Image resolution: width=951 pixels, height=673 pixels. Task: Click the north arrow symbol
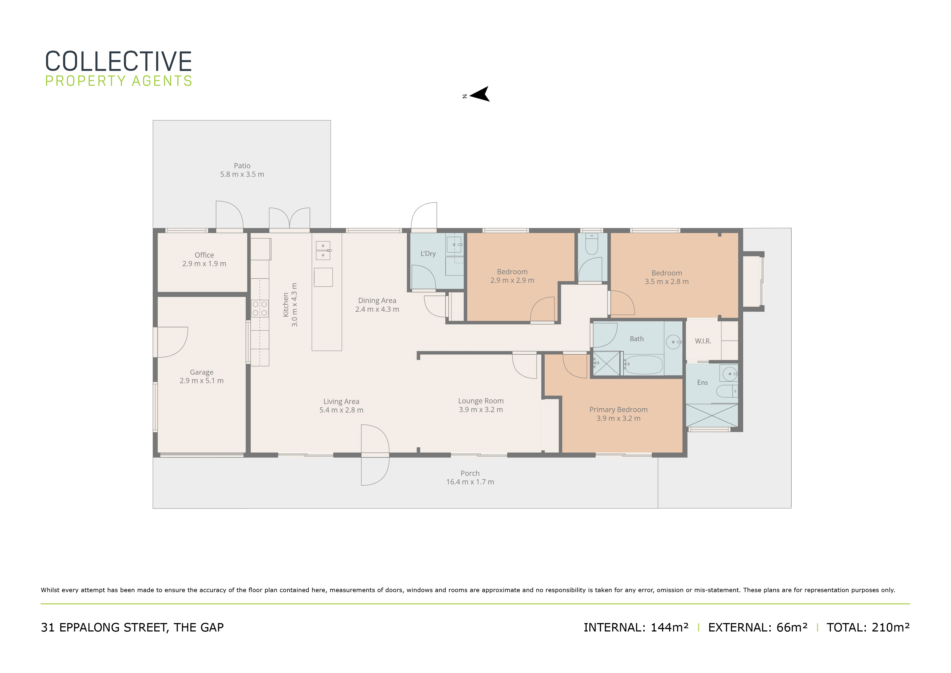(x=480, y=94)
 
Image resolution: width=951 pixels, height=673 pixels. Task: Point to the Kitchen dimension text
(x=294, y=305)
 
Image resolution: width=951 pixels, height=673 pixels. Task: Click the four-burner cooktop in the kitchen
(x=260, y=309)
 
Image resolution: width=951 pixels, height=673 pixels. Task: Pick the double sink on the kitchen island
(x=323, y=250)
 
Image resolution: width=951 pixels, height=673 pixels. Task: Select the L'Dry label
(x=428, y=254)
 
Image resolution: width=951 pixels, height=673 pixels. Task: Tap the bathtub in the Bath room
(x=643, y=365)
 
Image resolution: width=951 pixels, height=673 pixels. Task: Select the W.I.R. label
(x=703, y=341)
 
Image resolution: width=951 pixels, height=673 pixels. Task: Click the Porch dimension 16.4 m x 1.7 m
(x=470, y=482)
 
